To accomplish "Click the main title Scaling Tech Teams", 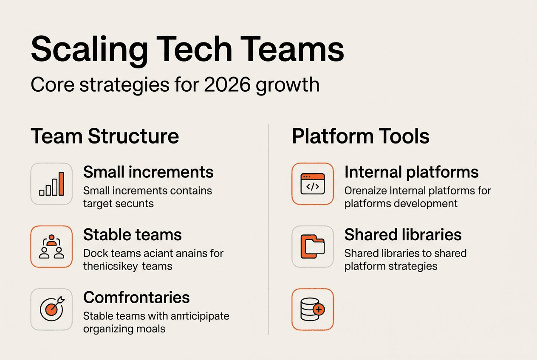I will point(187,50).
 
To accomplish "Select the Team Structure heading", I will point(105,136).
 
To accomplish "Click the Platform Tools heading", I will point(361,136).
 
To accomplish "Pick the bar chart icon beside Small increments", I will point(52,184).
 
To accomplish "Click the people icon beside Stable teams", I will point(52,247).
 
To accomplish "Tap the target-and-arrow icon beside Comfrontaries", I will point(52,309).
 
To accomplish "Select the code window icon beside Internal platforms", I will point(313,184).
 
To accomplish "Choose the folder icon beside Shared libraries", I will point(313,247).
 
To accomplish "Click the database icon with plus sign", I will point(313,309).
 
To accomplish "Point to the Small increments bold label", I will point(148,172).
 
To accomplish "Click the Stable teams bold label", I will point(133,235).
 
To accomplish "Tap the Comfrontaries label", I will point(136,297).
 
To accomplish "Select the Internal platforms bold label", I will point(411,172).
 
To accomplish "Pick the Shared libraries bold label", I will point(403,235).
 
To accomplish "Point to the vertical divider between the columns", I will point(268,229).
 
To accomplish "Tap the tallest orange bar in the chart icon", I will point(61,183).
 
